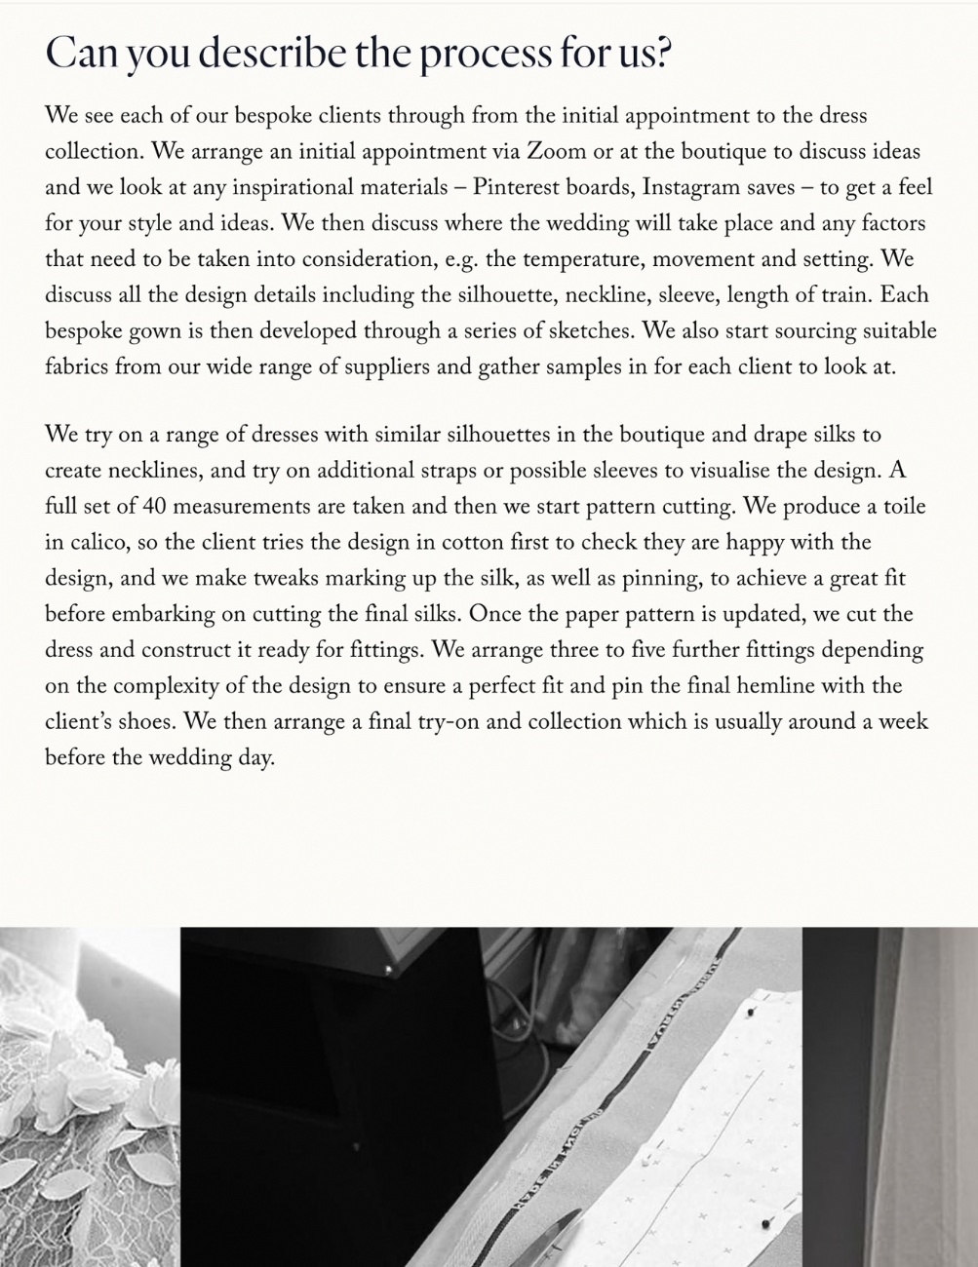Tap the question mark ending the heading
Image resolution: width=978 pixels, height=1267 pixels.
(664, 53)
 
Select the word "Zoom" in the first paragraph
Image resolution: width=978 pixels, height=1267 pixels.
(556, 152)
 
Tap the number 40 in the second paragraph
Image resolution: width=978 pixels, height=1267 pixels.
(154, 507)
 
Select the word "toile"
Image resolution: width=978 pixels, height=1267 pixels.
(903, 507)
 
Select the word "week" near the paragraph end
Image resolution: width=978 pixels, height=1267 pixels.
(903, 722)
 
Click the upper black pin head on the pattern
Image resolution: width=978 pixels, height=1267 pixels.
(750, 1013)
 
